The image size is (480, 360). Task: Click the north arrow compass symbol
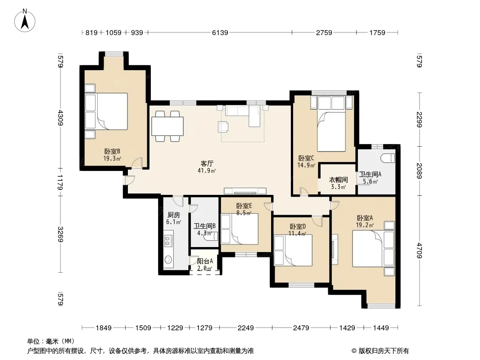tap(24, 20)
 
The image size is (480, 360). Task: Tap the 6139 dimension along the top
tap(220, 32)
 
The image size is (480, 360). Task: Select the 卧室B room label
tap(112, 151)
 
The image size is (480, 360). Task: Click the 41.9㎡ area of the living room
tap(207, 171)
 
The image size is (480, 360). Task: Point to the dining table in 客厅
tap(168, 126)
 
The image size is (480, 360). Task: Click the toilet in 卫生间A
tap(388, 158)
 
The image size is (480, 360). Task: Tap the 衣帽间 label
tap(338, 180)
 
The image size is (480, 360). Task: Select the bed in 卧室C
tap(332, 131)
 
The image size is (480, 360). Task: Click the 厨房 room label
tap(173, 215)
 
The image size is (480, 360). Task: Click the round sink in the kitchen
tap(168, 260)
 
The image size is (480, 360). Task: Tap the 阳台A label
tap(205, 261)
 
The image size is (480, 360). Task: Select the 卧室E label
tap(244, 206)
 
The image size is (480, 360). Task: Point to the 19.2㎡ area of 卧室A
tap(365, 225)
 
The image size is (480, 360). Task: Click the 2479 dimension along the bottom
tap(301, 328)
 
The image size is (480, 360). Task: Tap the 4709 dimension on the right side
tap(419, 251)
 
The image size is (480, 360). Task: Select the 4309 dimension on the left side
tap(60, 118)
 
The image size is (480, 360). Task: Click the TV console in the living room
tap(245, 191)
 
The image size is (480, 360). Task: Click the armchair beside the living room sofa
tap(223, 126)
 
